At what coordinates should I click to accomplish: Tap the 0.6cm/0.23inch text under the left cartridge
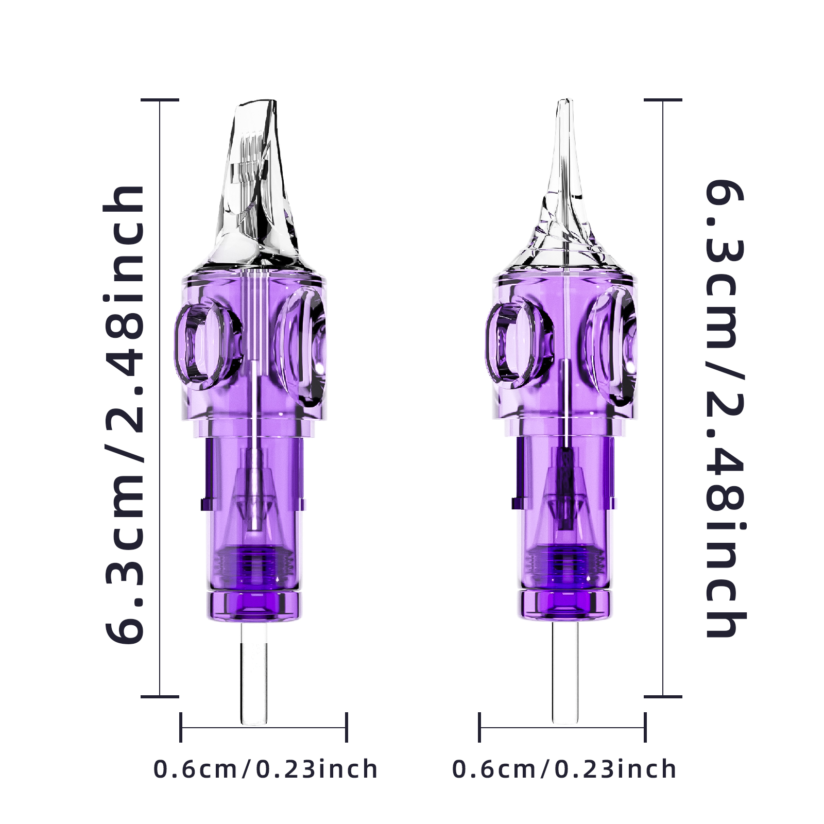click(x=265, y=769)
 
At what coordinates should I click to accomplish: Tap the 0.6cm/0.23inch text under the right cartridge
click(x=564, y=769)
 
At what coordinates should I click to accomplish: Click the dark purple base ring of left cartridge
click(x=254, y=605)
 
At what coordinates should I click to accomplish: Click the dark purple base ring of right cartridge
click(x=565, y=605)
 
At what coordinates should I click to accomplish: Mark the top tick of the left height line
click(x=160, y=100)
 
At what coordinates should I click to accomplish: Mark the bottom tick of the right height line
click(x=663, y=696)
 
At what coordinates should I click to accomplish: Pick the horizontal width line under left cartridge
click(x=263, y=728)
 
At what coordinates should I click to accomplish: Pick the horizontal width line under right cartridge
click(x=562, y=728)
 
